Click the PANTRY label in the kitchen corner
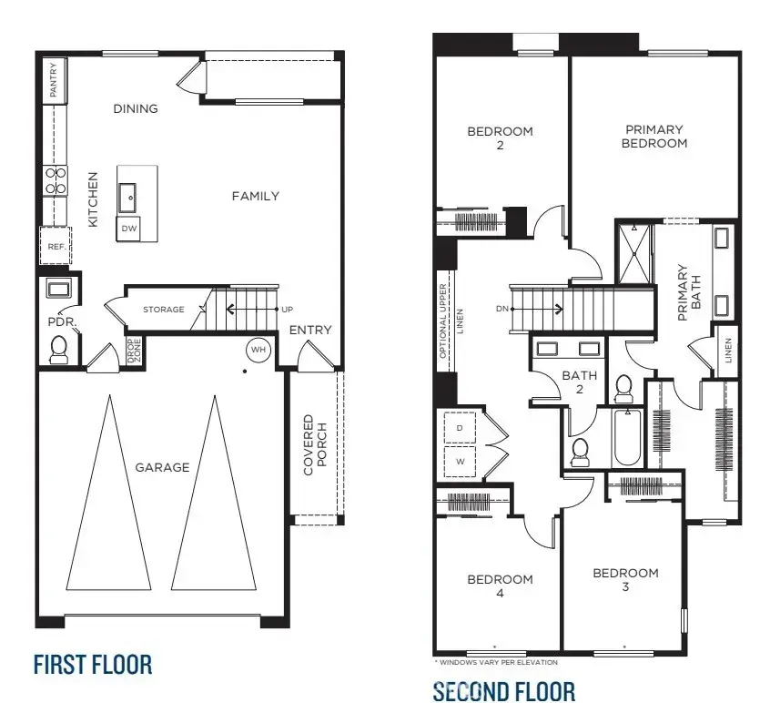(x=54, y=80)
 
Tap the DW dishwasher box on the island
(x=129, y=229)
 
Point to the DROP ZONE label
(x=134, y=351)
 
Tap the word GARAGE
(x=162, y=467)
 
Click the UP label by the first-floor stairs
(x=288, y=310)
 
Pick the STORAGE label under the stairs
(x=164, y=310)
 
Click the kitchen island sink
(x=129, y=194)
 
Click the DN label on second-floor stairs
(x=502, y=308)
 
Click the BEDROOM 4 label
(x=500, y=586)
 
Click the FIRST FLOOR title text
(x=93, y=663)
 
